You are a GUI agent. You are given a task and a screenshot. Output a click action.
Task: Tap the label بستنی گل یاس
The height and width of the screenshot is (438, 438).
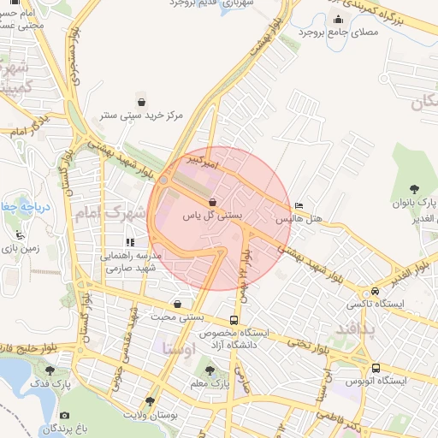point(213,217)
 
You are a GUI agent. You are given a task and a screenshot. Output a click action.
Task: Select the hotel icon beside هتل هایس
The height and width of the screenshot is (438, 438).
point(298,206)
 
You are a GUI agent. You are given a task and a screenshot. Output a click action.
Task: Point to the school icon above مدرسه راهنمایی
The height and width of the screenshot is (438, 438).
point(131,242)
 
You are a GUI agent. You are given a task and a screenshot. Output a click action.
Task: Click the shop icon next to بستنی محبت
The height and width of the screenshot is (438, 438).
point(177,304)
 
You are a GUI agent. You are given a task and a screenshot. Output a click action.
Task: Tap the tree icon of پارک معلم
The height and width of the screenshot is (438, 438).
point(210,370)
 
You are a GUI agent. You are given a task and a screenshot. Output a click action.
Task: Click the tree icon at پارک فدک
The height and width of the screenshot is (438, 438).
point(50,370)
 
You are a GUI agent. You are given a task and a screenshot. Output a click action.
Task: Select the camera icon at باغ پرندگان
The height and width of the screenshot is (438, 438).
point(65,416)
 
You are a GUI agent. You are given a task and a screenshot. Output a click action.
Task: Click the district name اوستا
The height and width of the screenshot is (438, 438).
point(178,349)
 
